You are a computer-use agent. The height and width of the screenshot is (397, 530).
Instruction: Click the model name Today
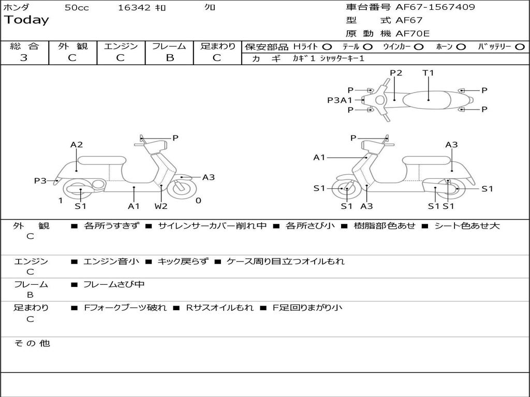pyautogui.click(x=26, y=20)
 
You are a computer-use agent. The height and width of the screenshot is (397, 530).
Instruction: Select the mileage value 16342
pyautogui.click(x=134, y=8)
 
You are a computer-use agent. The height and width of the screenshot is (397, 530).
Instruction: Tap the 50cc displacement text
pyautogui.click(x=77, y=8)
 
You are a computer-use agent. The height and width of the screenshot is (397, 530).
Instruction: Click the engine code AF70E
pyautogui.click(x=413, y=34)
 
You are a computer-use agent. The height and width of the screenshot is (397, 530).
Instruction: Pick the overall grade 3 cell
pyautogui.click(x=24, y=57)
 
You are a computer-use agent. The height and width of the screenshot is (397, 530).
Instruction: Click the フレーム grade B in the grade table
pyautogui.click(x=170, y=57)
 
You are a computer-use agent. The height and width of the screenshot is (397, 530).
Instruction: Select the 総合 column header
pyautogui.click(x=24, y=46)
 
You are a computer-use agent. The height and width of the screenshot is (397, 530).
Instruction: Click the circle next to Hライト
pyautogui.click(x=327, y=47)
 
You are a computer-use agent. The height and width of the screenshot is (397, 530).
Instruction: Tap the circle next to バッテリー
pyautogui.click(x=520, y=47)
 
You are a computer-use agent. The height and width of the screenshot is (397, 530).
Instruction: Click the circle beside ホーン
pyautogui.click(x=461, y=47)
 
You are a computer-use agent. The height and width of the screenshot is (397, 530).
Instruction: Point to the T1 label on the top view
pyautogui.click(x=428, y=73)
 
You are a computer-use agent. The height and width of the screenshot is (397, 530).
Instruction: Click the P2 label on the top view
pyautogui.click(x=396, y=73)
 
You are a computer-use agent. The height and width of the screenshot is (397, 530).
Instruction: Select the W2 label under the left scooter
pyautogui.click(x=161, y=206)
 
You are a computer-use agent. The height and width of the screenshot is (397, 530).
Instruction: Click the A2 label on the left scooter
pyautogui.click(x=77, y=145)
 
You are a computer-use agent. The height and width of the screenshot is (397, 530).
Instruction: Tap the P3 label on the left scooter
pyautogui.click(x=40, y=180)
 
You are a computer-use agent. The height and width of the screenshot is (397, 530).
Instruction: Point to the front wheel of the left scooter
pyautogui.click(x=182, y=188)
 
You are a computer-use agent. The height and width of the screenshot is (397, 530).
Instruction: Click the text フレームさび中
pyautogui.click(x=114, y=284)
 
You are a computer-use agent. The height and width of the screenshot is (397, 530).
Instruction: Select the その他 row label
pyautogui.click(x=32, y=343)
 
